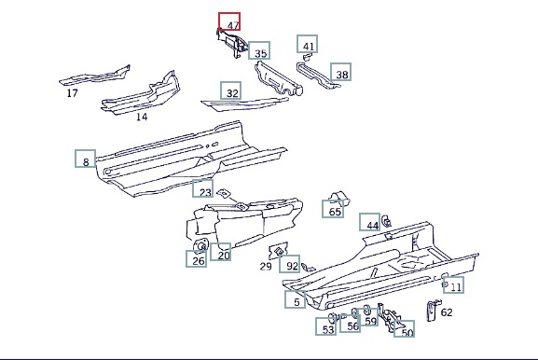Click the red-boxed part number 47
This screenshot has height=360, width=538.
[x=229, y=21]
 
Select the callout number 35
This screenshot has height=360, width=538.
[x=259, y=50]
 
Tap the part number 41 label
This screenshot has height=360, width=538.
[x=308, y=44]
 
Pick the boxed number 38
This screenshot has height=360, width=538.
[x=340, y=72]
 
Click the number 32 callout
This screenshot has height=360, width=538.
[x=230, y=90]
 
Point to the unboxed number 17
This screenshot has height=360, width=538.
[x=72, y=93]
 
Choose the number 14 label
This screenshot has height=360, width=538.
[x=142, y=117]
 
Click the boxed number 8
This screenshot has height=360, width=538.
[x=86, y=159]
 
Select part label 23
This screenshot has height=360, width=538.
[x=202, y=188]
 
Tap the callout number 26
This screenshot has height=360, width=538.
[x=196, y=258]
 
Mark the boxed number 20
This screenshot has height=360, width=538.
[x=220, y=252]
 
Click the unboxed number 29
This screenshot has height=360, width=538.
[x=266, y=267]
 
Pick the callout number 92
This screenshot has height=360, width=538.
[x=290, y=264]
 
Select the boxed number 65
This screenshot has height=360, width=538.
[x=333, y=209]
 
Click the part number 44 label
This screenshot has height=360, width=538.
[x=370, y=222]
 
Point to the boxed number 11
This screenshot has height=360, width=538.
[x=453, y=284]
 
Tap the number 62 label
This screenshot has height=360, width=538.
[x=447, y=312]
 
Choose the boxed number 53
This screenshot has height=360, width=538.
[x=326, y=326]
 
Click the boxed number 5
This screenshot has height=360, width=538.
[x=295, y=299]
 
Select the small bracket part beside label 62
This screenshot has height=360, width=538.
[x=432, y=311]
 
